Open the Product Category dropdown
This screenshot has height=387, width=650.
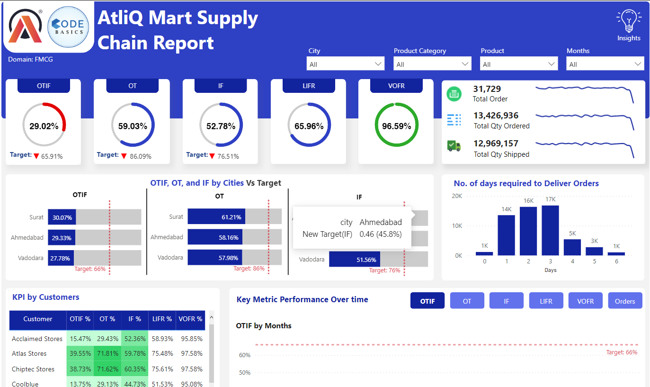pos(432,64)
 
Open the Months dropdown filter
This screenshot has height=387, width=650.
pos(605,64)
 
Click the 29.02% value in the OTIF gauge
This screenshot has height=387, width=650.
pos(44,126)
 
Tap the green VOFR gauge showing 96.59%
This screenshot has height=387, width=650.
pos(396,126)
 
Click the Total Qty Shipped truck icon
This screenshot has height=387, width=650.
pos(454,146)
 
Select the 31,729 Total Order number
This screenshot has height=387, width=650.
pos(487,89)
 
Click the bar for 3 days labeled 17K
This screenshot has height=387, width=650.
pos(550,230)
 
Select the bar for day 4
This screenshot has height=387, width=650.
pos(572,247)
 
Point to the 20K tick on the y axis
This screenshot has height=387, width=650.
pos(457,196)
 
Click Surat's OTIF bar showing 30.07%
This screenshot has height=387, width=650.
pos(62,217)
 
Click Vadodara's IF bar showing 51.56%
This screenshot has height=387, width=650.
pos(354,260)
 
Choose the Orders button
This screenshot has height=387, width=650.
pos(625,301)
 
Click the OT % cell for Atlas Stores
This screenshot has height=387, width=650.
pos(107,353)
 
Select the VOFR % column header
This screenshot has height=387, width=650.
pos(190,319)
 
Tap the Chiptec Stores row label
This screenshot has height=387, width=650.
pos(33,369)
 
